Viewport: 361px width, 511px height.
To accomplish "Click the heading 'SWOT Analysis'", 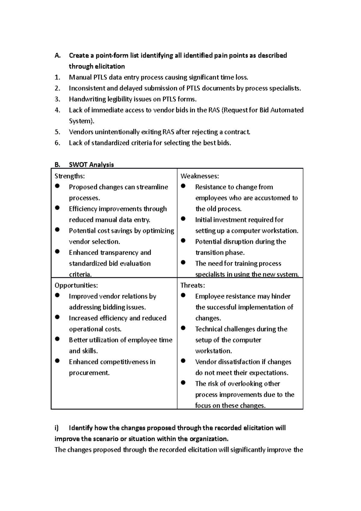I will (91, 165).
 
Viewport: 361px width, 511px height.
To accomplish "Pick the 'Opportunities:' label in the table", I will (76, 285).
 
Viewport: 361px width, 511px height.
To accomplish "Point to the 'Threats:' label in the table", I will (193, 285).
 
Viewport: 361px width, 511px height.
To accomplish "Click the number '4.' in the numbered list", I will (57, 110).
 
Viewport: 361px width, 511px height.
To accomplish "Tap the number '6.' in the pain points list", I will (57, 143).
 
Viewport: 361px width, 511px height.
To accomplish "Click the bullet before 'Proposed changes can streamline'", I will (57, 186).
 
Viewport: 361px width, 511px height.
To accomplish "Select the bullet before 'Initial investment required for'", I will (183, 219).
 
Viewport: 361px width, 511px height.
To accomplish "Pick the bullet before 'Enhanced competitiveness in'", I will (57, 361).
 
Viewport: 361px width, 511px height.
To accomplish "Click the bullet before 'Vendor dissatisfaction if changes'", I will (183, 361).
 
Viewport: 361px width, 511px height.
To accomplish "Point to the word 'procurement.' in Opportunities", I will (89, 373).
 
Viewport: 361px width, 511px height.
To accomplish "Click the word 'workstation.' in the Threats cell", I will (213, 351).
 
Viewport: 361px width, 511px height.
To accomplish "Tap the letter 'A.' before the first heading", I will (57, 56).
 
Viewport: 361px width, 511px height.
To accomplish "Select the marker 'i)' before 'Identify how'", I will (57, 428).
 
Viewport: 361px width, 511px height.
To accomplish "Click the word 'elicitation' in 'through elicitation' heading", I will (110, 67).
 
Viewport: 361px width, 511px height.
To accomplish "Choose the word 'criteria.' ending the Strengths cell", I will (80, 274).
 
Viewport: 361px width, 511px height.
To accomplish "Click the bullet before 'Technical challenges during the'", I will (183, 328).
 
